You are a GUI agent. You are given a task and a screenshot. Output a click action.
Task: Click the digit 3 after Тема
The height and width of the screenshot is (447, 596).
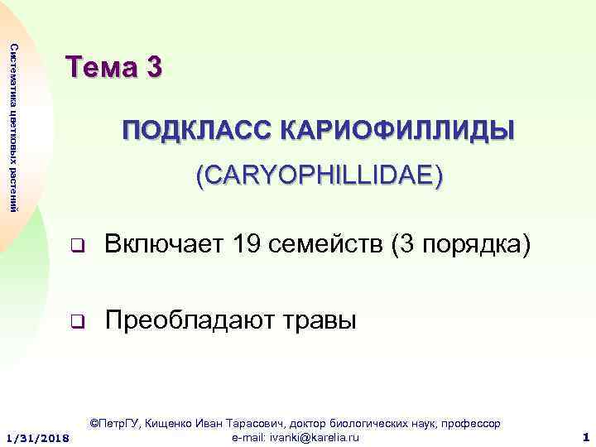pos(152,66)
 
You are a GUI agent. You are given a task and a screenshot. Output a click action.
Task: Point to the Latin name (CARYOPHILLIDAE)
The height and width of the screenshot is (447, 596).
pos(319,175)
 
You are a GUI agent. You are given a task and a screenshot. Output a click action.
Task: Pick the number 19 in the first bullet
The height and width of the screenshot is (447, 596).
pos(249,246)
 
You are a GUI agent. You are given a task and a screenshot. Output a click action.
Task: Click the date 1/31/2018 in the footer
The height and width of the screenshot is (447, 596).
pos(38,436)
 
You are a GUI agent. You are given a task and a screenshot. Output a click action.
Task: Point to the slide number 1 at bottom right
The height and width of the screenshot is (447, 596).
pos(584,436)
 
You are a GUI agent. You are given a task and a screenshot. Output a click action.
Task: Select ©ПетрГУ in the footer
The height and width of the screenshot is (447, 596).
pos(116,424)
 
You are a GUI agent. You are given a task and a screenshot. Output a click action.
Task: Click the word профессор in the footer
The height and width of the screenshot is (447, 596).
pos(473,424)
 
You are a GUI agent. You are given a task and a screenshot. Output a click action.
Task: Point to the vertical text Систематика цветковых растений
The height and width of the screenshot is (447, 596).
pos(13,124)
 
